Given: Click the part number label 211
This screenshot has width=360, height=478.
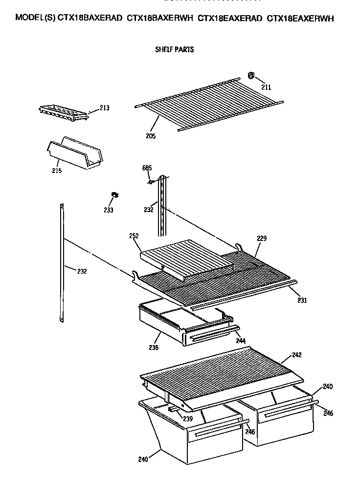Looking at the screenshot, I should [x=266, y=87].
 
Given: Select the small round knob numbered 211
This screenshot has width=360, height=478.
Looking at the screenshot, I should [x=250, y=75].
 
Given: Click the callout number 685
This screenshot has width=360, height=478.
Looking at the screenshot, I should [x=147, y=168].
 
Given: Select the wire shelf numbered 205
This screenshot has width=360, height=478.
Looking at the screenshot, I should [x=208, y=104].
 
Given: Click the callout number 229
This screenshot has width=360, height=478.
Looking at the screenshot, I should [x=263, y=239].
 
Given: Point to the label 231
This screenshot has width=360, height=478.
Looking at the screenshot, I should [x=302, y=300].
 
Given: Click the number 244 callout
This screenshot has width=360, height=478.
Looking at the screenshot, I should [x=241, y=340].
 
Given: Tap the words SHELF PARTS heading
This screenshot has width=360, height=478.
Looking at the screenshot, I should [x=174, y=49].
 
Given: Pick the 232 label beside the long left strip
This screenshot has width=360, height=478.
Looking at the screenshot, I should [x=81, y=271].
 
